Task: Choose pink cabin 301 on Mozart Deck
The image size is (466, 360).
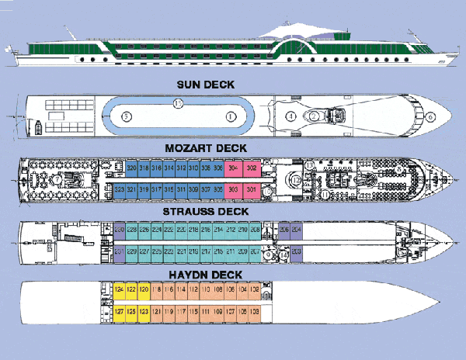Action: (x=251, y=189)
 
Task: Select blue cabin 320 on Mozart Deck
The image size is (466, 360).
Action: (x=132, y=168)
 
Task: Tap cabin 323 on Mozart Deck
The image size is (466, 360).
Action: (x=120, y=189)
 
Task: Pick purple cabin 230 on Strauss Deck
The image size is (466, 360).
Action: (x=120, y=230)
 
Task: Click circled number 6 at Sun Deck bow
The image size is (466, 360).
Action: (x=430, y=117)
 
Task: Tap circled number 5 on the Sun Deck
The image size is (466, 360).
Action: (x=126, y=116)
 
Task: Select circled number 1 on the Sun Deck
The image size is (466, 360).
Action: (x=230, y=116)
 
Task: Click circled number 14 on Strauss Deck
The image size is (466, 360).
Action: (x=285, y=254)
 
